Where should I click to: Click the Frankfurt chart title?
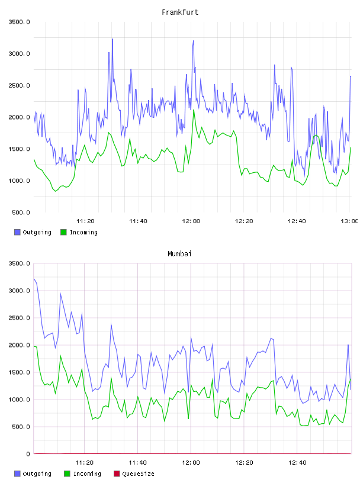pyautogui.click(x=180, y=12)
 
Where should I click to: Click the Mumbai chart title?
pyautogui.click(x=179, y=254)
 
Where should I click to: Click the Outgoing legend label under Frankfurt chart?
pyautogui.click(x=37, y=232)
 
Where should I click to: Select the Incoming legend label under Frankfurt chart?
pyautogui.click(x=83, y=232)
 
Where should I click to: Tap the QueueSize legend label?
pyautogui.click(x=138, y=474)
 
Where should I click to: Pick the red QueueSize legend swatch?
pyautogui.click(x=117, y=474)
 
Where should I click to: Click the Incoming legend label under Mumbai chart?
pyautogui.click(x=87, y=474)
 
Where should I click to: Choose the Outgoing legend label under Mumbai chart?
pyautogui.click(x=37, y=474)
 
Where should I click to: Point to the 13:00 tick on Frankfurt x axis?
pyautogui.click(x=349, y=221)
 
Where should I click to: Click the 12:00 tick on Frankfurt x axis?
pyautogui.click(x=191, y=221)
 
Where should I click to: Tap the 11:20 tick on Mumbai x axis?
pyautogui.click(x=85, y=463)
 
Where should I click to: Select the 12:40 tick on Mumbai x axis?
pyautogui.click(x=297, y=463)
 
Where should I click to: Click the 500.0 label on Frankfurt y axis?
pyautogui.click(x=21, y=212)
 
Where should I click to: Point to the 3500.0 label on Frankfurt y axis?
pyautogui.click(x=19, y=22)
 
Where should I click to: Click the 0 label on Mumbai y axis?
pyautogui.click(x=28, y=454)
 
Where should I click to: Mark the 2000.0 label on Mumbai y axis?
pyautogui.click(x=19, y=345)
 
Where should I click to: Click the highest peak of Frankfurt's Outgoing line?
pyautogui.click(x=112, y=39)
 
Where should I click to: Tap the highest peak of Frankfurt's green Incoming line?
pyautogui.click(x=194, y=110)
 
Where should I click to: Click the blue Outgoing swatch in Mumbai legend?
pyautogui.click(x=17, y=474)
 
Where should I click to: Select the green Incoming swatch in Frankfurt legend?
pyautogui.click(x=63, y=232)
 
